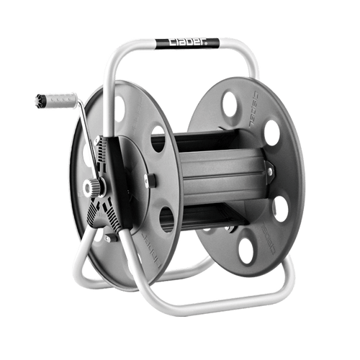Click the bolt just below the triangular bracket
coord(109,237)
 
